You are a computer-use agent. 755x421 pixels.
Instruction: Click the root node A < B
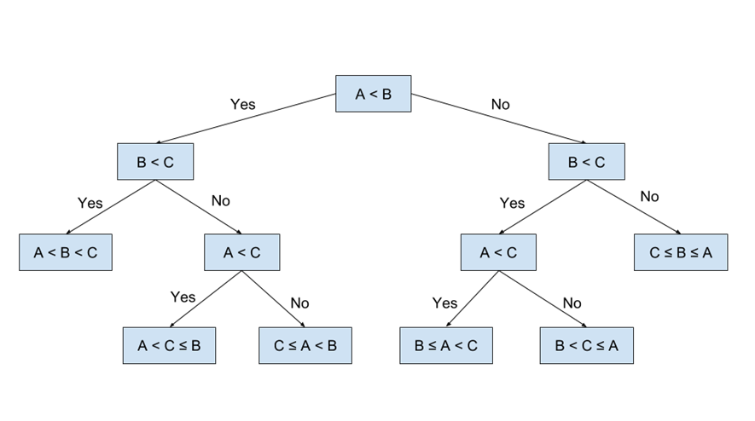pos(373,94)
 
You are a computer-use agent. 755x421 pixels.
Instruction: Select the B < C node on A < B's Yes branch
pos(155,162)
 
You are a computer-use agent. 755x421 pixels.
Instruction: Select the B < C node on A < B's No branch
pos(586,162)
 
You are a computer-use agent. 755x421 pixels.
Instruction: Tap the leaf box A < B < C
pos(66,252)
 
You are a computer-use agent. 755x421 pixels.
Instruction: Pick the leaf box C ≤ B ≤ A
pos(680,252)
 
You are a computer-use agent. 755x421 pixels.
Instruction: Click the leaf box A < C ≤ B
pos(169,346)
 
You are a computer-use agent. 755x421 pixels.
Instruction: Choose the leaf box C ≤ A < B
pos(305,346)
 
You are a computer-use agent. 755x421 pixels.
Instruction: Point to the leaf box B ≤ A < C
pos(446,346)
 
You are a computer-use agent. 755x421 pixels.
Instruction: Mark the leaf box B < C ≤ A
pos(586,346)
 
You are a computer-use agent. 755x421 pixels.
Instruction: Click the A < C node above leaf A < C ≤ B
pos(242,252)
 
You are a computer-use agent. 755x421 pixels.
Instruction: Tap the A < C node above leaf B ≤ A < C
pos(498,252)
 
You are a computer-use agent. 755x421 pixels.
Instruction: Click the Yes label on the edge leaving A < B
pos(242,104)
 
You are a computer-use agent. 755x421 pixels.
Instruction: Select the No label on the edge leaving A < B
pos(500,104)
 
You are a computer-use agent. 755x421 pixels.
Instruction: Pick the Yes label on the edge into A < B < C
pos(90,203)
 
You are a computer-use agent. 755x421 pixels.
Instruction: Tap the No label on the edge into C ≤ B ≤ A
pos(649,197)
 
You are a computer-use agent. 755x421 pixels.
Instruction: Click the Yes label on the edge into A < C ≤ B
pos(183,297)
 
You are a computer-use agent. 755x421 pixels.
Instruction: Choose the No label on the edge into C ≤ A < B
pos(299,303)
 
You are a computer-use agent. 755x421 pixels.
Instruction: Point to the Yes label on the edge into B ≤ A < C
pos(444,303)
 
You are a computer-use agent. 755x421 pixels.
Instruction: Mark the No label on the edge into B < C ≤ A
pos(572,303)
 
